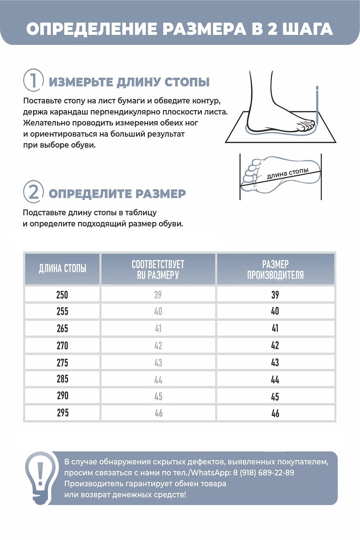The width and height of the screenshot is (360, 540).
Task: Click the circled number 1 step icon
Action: (33, 80)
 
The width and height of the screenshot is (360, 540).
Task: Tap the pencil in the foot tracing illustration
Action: (317, 104)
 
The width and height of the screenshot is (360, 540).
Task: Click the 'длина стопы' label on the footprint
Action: (288, 173)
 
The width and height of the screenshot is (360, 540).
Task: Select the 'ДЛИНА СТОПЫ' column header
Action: (62, 269)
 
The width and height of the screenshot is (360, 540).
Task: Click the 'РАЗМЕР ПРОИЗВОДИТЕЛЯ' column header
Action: (275, 269)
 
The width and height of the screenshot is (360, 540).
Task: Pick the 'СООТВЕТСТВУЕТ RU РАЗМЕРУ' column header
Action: (158, 269)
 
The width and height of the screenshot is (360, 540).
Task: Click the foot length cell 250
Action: (62, 295)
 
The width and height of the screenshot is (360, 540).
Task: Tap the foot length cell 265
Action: (62, 328)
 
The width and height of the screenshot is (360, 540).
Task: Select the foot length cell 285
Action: (62, 379)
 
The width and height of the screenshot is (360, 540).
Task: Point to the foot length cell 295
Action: (62, 413)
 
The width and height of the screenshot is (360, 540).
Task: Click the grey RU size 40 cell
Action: (158, 311)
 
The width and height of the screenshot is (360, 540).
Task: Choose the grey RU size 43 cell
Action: (158, 363)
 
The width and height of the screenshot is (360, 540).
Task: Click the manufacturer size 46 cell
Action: (275, 413)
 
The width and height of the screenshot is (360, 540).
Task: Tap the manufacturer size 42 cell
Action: (275, 346)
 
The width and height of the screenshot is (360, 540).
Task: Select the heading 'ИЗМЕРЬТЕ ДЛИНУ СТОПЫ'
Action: (129, 82)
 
